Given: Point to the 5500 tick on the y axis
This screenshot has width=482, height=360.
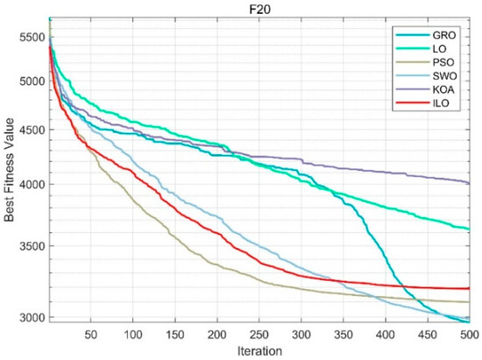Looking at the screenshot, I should pyautogui.click(x=28, y=37).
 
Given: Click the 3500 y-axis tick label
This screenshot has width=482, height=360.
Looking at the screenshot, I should pyautogui.click(x=28, y=246).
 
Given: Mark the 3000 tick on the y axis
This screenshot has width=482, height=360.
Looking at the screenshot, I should pyautogui.click(x=28, y=317).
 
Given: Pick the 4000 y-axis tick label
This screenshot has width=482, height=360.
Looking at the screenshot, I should pyautogui.click(x=28, y=185).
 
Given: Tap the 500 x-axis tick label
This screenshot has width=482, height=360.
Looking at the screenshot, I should pyautogui.click(x=469, y=334).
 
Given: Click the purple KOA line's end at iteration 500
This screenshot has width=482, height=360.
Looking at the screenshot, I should pyautogui.click(x=470, y=182).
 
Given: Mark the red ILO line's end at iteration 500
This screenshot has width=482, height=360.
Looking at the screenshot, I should pyautogui.click(x=470, y=288).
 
